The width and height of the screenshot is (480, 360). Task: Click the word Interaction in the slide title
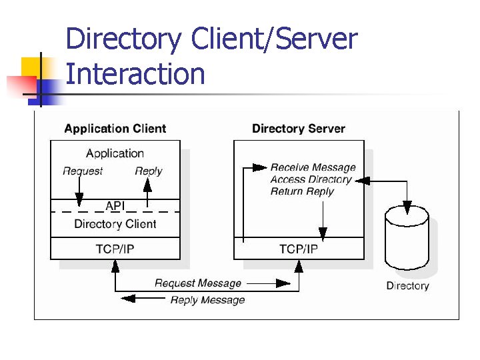point(135,74)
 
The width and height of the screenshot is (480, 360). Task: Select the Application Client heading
point(115,129)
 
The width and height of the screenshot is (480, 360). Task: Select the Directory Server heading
point(298,129)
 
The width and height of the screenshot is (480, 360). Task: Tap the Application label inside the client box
point(115,153)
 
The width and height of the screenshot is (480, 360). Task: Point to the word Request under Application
point(83,171)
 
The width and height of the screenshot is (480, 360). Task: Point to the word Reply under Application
point(148,171)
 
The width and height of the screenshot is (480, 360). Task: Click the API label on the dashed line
point(115,206)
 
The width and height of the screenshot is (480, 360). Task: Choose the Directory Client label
point(115,224)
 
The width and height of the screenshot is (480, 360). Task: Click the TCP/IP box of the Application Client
point(115,249)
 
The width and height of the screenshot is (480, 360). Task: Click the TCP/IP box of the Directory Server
point(298,249)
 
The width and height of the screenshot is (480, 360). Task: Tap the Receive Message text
point(313,167)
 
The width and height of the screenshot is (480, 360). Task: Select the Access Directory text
point(311,179)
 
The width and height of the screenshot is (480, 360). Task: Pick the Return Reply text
point(302,191)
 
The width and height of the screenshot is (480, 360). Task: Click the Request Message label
point(197,283)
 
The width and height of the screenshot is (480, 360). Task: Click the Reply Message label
point(207,300)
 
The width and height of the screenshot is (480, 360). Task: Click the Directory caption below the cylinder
point(407,286)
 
